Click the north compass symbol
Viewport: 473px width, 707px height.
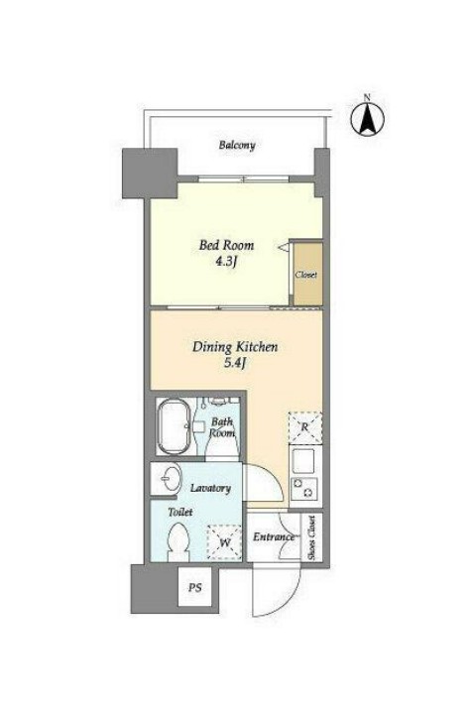[x=368, y=119]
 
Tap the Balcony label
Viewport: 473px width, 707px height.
[x=237, y=145]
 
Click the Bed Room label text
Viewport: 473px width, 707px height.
[x=226, y=245]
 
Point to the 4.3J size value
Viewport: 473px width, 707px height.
[x=226, y=262]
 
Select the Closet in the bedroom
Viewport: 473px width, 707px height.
[x=307, y=274]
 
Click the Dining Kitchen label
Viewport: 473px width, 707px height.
[x=235, y=347]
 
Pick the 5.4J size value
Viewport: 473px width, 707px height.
[x=234, y=364]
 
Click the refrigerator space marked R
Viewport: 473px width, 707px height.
[x=305, y=427]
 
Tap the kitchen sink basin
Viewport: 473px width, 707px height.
[x=303, y=460]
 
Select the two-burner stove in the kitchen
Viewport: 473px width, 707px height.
[x=304, y=488]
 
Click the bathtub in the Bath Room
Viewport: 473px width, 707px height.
[x=173, y=426]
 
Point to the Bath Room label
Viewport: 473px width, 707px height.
[x=222, y=427]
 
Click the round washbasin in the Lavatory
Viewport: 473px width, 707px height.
[x=172, y=478]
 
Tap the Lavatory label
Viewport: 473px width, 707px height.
[x=210, y=488]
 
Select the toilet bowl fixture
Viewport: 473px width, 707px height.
[x=179, y=542]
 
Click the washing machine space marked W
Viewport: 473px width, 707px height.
[x=224, y=542]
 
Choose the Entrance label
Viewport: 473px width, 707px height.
[x=273, y=537]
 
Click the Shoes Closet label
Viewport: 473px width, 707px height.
[x=311, y=537]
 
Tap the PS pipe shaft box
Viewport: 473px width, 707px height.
[x=195, y=587]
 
